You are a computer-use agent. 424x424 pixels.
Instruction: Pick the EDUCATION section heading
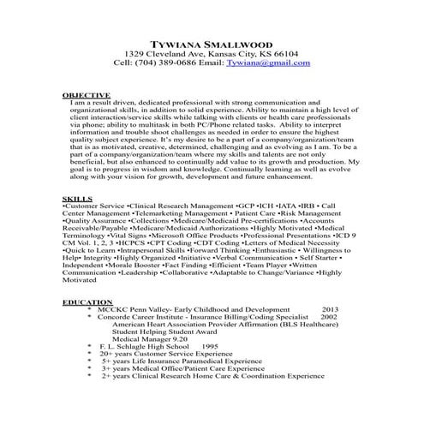tap(87, 302)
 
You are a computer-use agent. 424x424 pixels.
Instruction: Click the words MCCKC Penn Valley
tap(134, 309)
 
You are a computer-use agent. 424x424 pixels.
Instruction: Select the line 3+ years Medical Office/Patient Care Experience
tap(185, 367)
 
